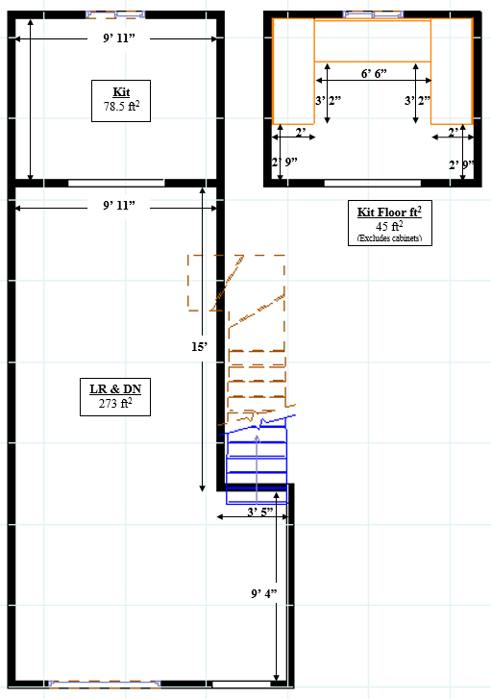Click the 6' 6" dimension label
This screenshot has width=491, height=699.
coord(374,73)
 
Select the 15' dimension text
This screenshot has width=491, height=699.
coord(199,346)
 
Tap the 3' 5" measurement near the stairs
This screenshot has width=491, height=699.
coord(260,512)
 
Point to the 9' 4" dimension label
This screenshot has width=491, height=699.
coord(264,593)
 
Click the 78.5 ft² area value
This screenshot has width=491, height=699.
coord(121,106)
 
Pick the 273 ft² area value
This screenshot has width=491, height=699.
coord(115,403)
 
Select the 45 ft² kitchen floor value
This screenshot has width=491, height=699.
coord(389,226)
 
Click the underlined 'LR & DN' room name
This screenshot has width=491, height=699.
coord(115,389)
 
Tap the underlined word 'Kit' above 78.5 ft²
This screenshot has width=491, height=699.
coord(121,92)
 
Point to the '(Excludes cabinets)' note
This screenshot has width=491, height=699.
coord(389,238)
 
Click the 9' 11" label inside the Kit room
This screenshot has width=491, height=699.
coord(119,37)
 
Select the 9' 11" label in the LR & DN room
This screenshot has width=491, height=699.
coord(119,205)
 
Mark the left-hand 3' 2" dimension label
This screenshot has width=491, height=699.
coord(328,100)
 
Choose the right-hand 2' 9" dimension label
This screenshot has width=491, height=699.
coord(460,165)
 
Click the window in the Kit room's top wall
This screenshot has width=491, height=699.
coord(115,14)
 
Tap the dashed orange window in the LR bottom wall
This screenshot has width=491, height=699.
coord(105,684)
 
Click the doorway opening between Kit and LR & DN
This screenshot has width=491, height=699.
coord(116,183)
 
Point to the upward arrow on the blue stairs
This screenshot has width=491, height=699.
coord(257,469)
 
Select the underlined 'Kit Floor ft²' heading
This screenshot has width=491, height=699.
coord(389,212)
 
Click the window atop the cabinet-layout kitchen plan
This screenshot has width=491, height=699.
coord(373,14)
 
